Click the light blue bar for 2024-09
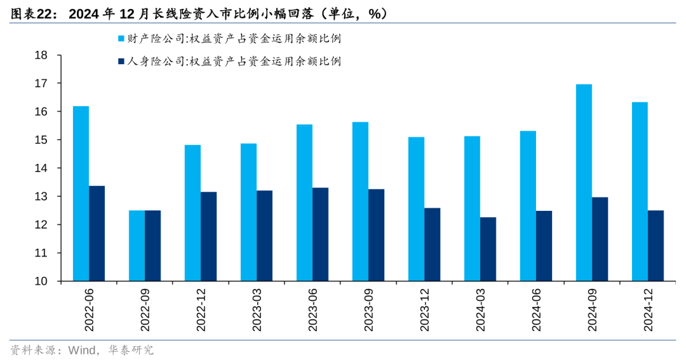click(x=584, y=183)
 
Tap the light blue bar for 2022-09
click(x=137, y=246)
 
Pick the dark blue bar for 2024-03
click(x=488, y=249)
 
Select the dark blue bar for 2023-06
click(x=320, y=234)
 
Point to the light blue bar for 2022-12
click(x=192, y=213)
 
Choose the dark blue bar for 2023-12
click(x=432, y=244)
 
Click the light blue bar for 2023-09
click(x=360, y=201)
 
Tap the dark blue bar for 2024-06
click(x=544, y=246)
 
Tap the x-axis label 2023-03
click(x=257, y=311)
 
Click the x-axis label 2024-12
click(x=648, y=311)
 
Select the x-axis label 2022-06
click(x=89, y=311)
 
